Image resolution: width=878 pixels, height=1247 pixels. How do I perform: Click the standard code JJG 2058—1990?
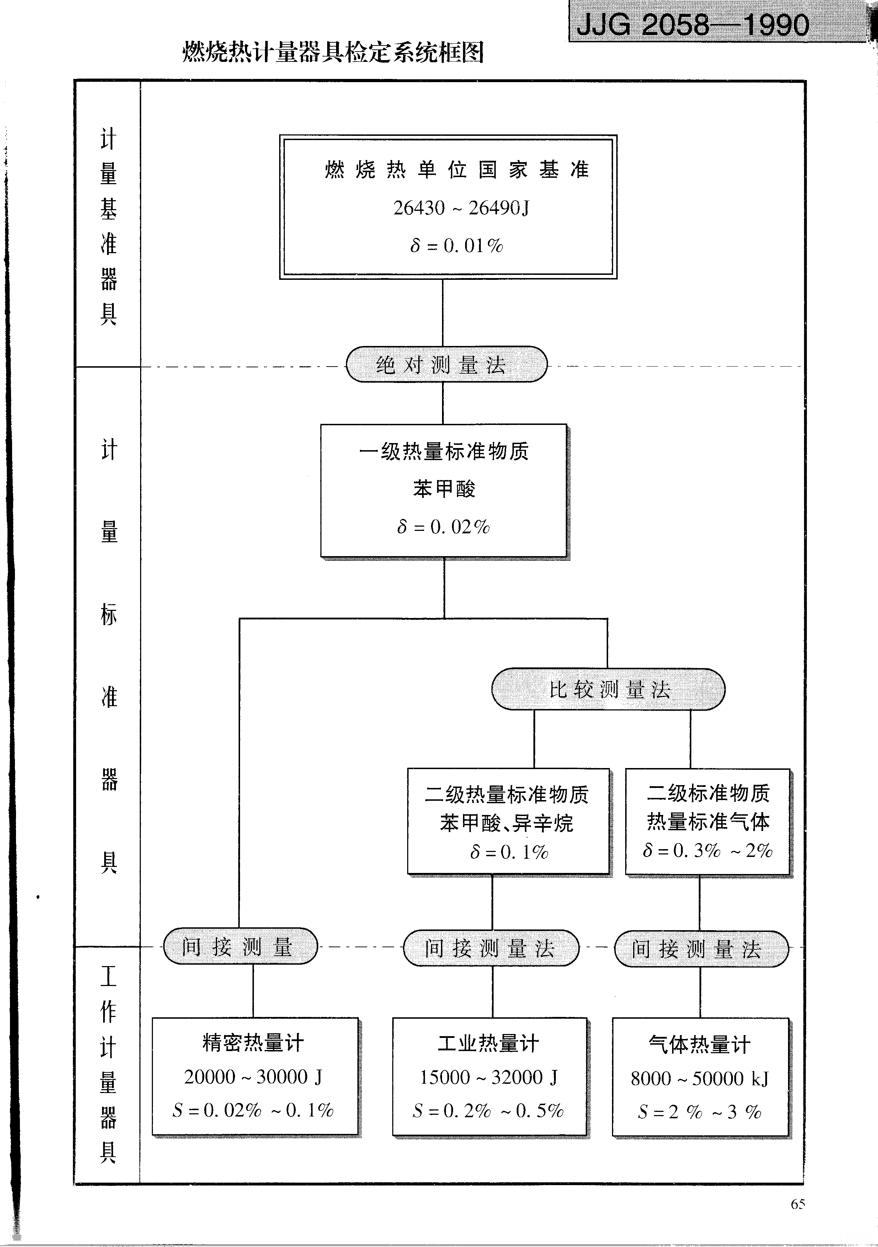(x=693, y=25)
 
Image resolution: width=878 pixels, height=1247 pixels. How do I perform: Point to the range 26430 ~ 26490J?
(x=461, y=208)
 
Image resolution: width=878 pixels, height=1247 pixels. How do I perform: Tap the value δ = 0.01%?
(x=456, y=246)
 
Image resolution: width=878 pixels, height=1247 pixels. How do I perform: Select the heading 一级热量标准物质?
(x=443, y=451)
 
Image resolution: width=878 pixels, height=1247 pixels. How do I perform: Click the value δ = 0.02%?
(x=443, y=527)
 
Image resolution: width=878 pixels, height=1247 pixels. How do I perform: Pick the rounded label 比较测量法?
(x=608, y=690)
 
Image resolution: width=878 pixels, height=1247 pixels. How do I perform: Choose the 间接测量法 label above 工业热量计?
(x=491, y=949)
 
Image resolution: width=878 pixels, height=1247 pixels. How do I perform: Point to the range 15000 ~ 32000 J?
(x=489, y=1077)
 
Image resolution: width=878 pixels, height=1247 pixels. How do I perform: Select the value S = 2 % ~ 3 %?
(x=699, y=1112)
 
